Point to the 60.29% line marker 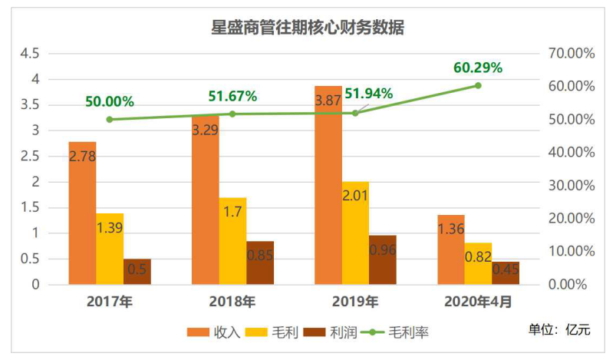pos(478,85)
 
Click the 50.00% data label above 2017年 pos(110,101)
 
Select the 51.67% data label pos(232,96)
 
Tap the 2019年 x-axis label pos(355,302)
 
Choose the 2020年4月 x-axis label pos(478,302)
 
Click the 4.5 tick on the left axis pos(30,54)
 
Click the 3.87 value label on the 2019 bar pos(328,101)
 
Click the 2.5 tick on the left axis pos(30,157)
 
